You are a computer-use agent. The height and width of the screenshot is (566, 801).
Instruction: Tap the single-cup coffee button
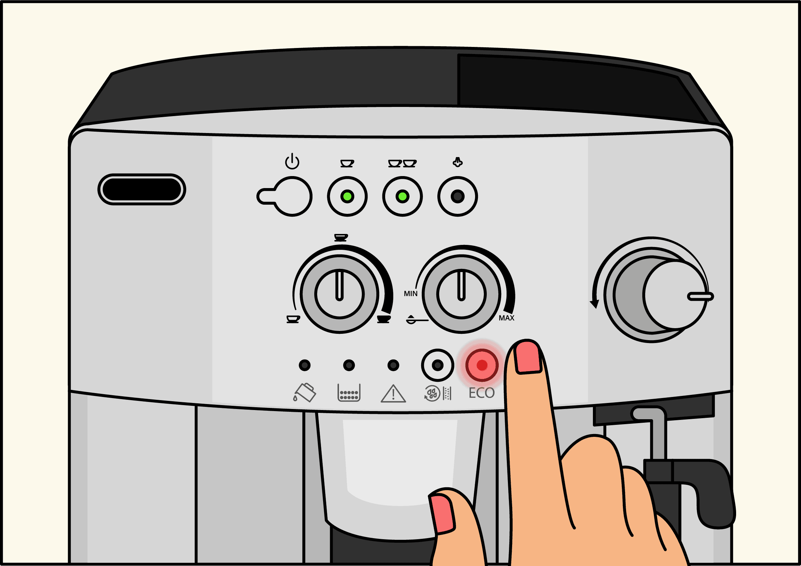[x=347, y=196]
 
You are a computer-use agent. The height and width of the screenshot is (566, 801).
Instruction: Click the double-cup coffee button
[x=402, y=196]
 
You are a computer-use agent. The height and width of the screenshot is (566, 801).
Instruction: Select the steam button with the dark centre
[x=457, y=196]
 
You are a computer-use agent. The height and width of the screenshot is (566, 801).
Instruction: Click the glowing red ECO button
[x=482, y=365]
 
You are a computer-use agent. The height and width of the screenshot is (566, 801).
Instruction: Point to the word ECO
[x=481, y=393]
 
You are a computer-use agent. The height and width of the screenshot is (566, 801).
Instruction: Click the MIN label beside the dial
[x=411, y=294]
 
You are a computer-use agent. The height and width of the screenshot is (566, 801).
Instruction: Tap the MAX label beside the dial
[x=506, y=318]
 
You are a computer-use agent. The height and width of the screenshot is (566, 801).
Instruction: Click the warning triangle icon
[x=393, y=393]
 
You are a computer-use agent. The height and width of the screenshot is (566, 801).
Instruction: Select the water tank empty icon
[x=304, y=392]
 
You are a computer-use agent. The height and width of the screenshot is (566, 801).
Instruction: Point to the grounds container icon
[x=349, y=393]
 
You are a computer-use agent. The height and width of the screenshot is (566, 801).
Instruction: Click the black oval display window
[x=142, y=189]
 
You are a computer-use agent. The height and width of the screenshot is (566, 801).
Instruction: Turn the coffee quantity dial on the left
[x=339, y=294]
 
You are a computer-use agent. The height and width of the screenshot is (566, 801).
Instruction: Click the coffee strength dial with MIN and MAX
[x=461, y=294]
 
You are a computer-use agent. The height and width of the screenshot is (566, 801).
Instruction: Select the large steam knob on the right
[x=656, y=295]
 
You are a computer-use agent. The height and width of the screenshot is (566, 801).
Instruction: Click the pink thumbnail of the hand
[x=442, y=514]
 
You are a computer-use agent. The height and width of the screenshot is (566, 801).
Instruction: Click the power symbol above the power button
[x=292, y=162]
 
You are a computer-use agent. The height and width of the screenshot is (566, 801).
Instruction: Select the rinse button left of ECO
[x=437, y=365]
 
